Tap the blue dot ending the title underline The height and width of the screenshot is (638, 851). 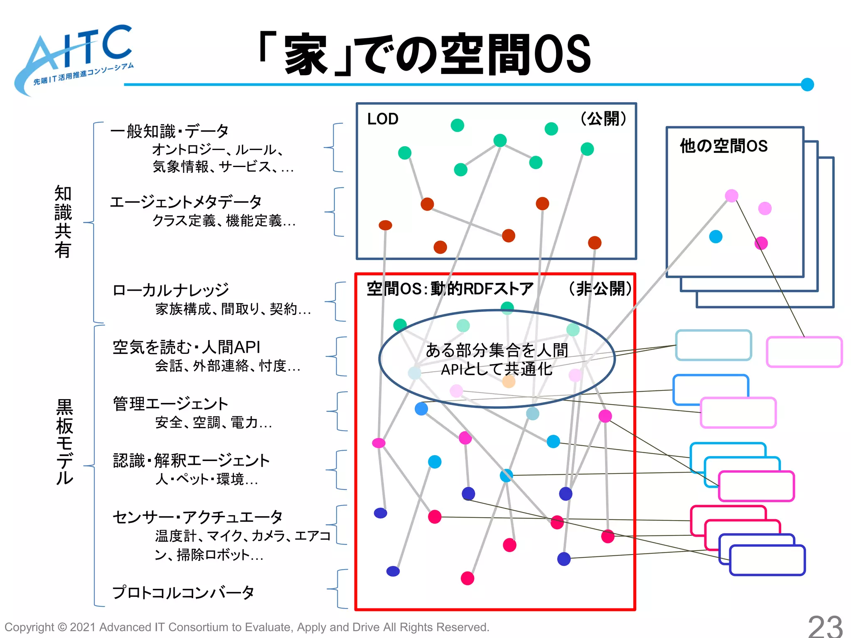807,84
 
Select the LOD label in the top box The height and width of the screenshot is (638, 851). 383,119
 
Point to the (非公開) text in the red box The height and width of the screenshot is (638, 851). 600,288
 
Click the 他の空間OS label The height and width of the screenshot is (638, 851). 723,146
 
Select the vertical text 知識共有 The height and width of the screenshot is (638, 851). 63,222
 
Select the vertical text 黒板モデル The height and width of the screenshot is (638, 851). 64,442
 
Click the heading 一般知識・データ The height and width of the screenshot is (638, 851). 170,131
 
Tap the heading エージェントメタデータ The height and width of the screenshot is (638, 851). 186,202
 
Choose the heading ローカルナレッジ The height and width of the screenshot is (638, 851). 171,290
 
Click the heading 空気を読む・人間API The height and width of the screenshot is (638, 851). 187,347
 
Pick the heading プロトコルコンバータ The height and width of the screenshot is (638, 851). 183,592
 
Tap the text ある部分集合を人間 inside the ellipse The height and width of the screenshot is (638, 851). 497,350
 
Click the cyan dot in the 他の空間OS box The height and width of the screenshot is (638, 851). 716,237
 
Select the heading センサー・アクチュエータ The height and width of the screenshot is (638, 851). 198,517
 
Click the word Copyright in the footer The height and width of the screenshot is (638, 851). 29,627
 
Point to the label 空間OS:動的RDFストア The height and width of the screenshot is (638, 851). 450,289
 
